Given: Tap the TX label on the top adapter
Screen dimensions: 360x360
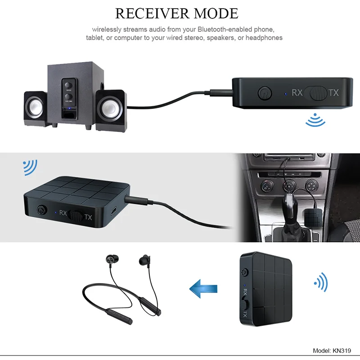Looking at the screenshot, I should coord(333,93).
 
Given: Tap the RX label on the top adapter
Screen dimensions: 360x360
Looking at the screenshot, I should coord(297,93).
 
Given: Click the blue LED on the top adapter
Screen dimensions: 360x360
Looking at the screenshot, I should coord(285,94).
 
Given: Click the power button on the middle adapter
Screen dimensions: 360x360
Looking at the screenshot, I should coord(43,210).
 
